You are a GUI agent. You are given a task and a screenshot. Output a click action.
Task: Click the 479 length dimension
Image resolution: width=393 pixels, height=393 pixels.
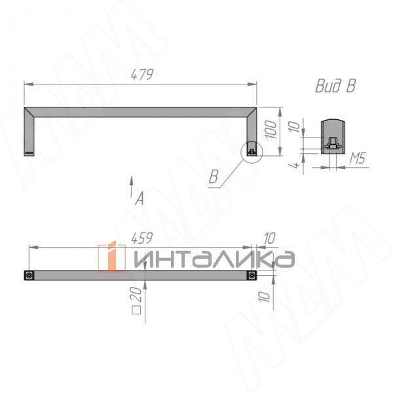[x=142, y=75]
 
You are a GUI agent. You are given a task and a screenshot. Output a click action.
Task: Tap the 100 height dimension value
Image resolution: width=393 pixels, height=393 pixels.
[x=271, y=129]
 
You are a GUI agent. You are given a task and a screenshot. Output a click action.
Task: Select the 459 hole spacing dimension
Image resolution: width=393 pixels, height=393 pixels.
[x=141, y=238]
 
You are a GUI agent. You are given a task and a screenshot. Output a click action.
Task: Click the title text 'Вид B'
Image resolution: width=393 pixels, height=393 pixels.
[x=335, y=86]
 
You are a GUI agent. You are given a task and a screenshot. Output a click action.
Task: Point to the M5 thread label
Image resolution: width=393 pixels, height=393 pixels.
[x=358, y=158]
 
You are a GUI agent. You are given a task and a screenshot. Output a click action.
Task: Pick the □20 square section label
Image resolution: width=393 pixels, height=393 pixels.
[x=136, y=300]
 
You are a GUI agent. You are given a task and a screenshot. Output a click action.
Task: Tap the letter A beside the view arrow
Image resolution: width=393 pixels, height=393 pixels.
[x=140, y=198]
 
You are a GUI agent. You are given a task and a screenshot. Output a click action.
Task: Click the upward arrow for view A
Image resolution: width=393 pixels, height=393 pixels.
[x=131, y=187]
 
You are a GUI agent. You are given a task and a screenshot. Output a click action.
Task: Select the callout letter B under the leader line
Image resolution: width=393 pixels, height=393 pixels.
[x=214, y=177]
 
